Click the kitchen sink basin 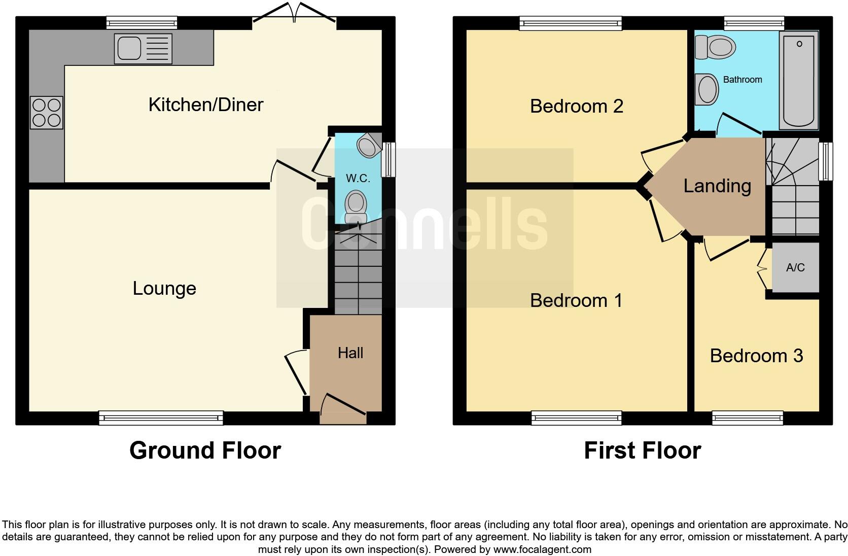point(129,48)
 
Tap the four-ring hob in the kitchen point(47,113)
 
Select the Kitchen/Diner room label point(205,105)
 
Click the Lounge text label point(164,288)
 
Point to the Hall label point(350,353)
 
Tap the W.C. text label point(358,178)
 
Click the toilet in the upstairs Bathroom point(716,47)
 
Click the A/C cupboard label point(795,267)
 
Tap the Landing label point(717,186)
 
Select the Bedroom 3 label point(756,356)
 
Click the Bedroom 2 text point(576,106)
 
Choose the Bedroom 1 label point(576,300)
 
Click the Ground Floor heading point(205,450)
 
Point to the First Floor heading point(642,450)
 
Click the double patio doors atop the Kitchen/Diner point(294,13)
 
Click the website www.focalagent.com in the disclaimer point(542,549)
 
